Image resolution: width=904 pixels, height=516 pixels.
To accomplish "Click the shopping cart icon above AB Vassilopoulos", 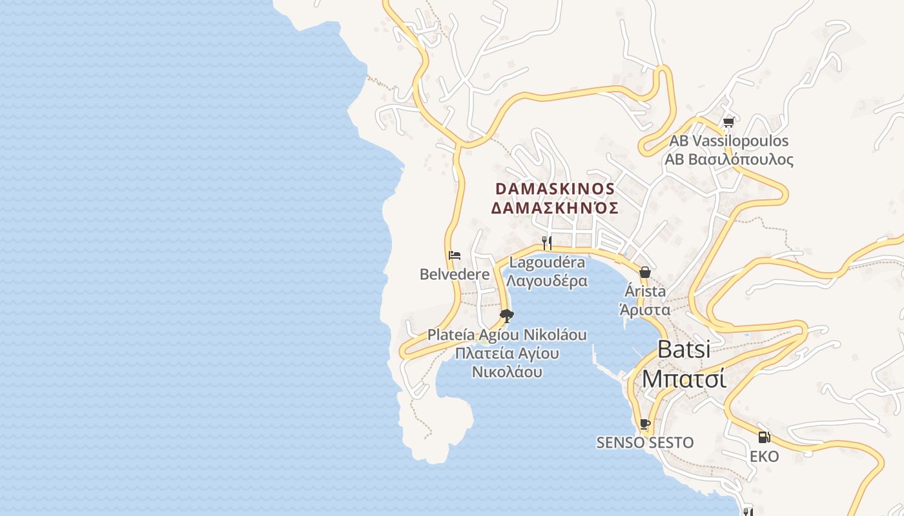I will (729, 122).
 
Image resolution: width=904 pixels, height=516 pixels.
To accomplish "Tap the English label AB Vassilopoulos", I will (729, 141).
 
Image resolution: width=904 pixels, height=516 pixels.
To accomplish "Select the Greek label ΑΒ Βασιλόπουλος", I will (729, 159).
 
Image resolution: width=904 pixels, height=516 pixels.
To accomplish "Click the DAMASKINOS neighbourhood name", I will (555, 188).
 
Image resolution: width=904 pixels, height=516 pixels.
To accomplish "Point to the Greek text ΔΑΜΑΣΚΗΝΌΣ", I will (555, 208).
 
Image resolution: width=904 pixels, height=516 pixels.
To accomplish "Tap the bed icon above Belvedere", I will (455, 255).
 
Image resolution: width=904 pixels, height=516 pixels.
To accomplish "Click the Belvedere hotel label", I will (455, 274).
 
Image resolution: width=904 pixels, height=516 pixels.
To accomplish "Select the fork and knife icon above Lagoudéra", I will (547, 243).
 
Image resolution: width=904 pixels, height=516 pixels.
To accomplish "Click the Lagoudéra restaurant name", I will (547, 263).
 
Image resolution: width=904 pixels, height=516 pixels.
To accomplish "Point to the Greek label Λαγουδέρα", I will (547, 281).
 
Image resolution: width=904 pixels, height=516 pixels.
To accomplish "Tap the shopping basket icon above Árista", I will (644, 272).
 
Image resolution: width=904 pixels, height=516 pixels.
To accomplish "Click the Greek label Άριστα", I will (644, 310).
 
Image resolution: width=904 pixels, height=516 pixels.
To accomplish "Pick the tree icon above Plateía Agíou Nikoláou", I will (507, 315).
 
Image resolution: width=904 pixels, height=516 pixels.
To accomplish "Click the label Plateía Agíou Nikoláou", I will (507, 335).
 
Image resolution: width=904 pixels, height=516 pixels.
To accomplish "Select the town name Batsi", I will (684, 349).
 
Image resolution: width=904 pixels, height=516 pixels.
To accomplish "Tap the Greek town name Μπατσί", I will (684, 378).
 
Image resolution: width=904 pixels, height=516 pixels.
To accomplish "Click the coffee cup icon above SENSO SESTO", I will (644, 424).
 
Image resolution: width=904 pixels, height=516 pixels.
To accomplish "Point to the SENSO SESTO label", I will (644, 442).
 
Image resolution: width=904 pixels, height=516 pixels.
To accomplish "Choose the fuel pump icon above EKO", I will (764, 437).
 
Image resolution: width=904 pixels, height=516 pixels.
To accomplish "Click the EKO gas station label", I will (764, 457).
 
